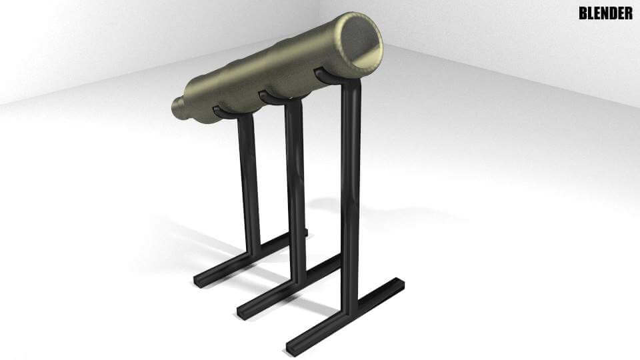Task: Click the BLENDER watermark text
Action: click(605, 13)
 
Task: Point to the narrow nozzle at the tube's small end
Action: click(177, 108)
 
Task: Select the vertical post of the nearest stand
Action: click(351, 200)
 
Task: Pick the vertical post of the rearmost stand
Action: click(247, 180)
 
